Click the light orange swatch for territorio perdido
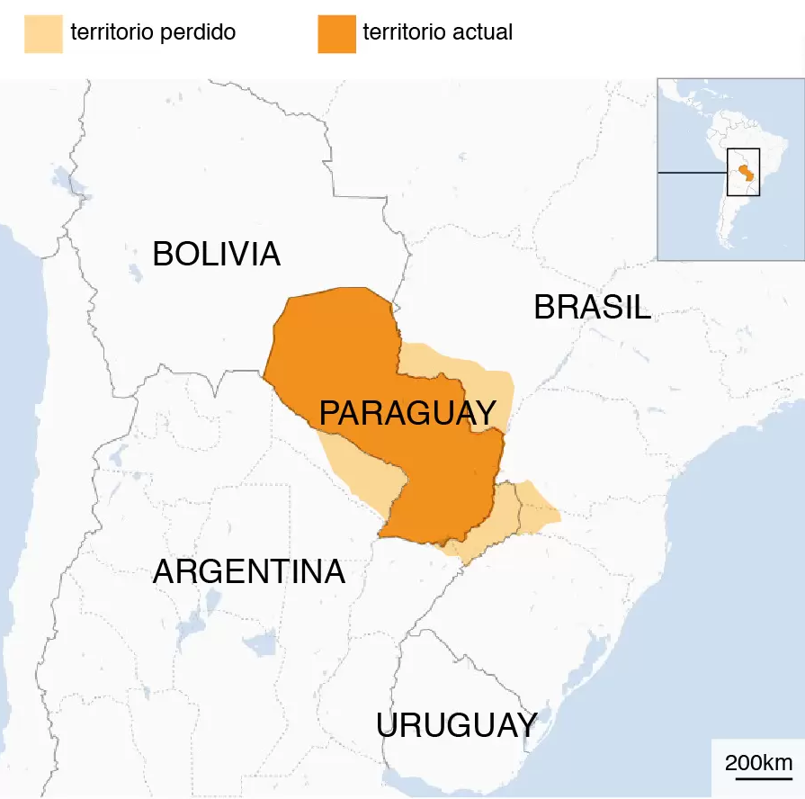[x=43, y=33]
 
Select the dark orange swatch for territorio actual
[x=336, y=33]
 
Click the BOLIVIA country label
[x=216, y=255]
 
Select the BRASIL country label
[x=592, y=308]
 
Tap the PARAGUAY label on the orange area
[x=407, y=414]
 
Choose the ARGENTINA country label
[x=249, y=572]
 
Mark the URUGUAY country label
[x=457, y=725]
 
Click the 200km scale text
[x=758, y=763]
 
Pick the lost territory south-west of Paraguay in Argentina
[x=360, y=468]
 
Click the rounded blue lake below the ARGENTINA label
[x=261, y=642]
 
